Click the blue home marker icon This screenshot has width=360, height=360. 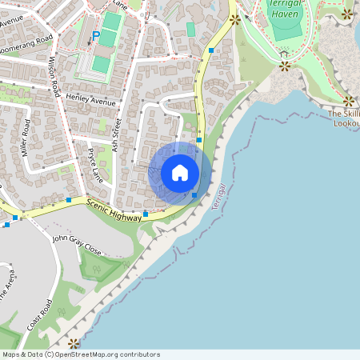click(180, 173)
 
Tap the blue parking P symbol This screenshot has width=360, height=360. click(96, 36)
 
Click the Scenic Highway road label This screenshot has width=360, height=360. click(114, 210)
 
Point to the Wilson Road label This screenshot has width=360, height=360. click(54, 77)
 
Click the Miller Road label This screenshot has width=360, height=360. click(27, 138)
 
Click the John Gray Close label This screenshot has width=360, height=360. click(77, 244)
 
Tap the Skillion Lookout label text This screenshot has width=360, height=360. click(344, 118)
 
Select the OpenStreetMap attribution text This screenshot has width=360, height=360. click(80, 354)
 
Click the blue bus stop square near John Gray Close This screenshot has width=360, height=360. click(146, 214)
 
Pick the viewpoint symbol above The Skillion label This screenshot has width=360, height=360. click(349, 101)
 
